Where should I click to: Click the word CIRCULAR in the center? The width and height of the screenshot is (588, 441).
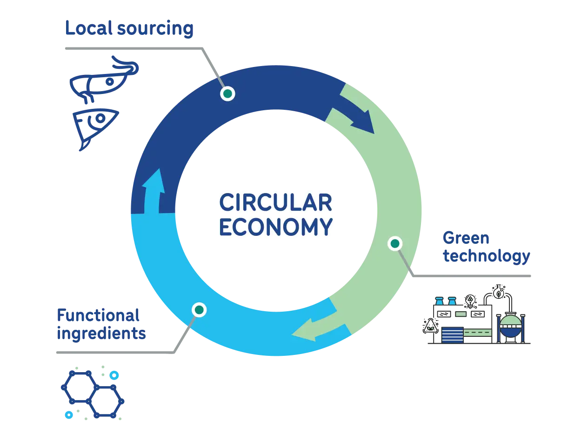276,202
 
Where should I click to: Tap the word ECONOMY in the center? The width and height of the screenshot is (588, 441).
276,227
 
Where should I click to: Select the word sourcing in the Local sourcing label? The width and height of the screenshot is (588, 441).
155,29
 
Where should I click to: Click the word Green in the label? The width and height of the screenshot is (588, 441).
466,238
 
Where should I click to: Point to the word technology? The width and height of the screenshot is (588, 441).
487,256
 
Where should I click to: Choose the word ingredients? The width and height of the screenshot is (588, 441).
101,334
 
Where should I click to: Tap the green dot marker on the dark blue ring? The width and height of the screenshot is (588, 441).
227,94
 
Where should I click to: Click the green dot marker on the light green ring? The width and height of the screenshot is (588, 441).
395,243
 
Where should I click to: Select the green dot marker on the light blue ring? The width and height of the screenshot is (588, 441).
199,310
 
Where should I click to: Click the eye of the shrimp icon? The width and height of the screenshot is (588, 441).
110,81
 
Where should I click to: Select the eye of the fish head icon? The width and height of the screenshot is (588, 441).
100,118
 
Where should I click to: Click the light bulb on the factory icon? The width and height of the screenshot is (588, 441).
470,301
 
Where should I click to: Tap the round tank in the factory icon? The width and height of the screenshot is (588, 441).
511,325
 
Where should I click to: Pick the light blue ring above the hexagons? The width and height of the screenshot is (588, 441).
114,375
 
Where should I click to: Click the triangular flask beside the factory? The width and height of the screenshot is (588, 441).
430,326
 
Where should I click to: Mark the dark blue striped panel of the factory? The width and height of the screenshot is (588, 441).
453,334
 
